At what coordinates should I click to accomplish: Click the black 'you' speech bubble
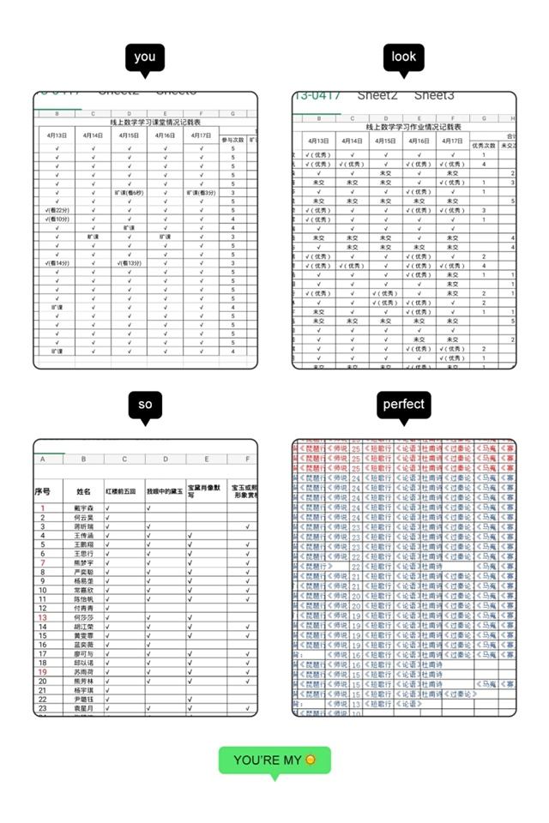(145, 57)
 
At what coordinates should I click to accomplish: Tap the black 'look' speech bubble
(403, 57)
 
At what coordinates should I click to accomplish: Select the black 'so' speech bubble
(145, 405)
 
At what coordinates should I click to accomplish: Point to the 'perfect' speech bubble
(403, 405)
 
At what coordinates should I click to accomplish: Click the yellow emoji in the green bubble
(311, 760)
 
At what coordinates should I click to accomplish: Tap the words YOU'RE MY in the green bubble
(268, 760)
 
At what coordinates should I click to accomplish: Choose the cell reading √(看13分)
(130, 263)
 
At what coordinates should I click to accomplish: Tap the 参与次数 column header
(232, 139)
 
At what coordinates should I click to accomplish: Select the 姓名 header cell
(83, 492)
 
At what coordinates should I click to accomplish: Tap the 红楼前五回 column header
(124, 492)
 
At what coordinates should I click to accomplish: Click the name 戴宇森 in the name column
(83, 508)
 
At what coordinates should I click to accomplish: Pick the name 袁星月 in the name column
(83, 709)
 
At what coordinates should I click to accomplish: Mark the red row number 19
(43, 672)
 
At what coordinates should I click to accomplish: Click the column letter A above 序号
(43, 460)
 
